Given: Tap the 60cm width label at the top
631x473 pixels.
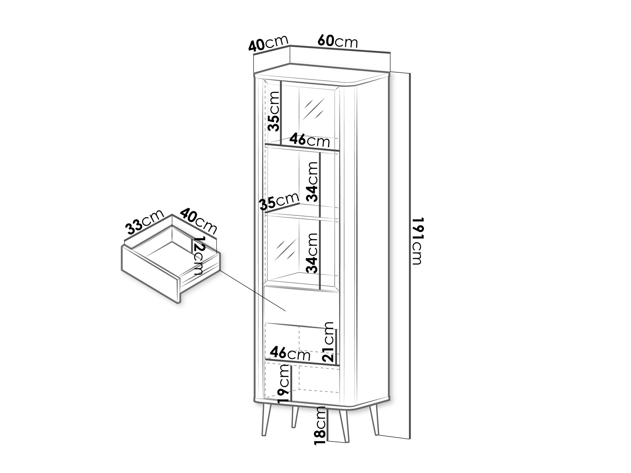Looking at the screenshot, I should coord(337,41).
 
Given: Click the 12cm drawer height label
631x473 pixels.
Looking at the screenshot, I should coord(199,255).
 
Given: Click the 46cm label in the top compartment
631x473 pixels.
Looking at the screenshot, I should coord(309,140).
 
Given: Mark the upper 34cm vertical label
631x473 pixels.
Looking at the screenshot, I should coord(311,181).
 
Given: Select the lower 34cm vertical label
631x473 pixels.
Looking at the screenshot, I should coord(311,253).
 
